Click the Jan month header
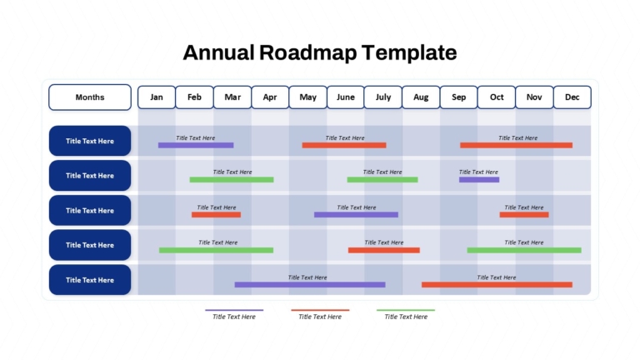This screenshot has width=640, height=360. click(x=157, y=97)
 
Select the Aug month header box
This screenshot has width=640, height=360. click(x=421, y=97)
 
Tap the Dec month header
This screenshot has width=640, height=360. click(x=572, y=97)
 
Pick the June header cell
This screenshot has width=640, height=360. click(x=345, y=97)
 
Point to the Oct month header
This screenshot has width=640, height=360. click(x=497, y=97)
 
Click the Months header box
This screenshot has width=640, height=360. click(x=90, y=97)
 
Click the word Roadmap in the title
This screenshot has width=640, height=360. click(x=307, y=52)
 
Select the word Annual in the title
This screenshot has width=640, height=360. click(x=218, y=52)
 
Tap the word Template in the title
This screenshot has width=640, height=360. click(x=409, y=52)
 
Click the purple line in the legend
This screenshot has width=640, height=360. click(x=234, y=310)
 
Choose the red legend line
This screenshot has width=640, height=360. click(x=320, y=310)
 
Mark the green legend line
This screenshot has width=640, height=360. click(x=406, y=310)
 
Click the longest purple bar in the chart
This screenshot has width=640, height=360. click(x=310, y=284)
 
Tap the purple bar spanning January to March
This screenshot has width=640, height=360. click(x=196, y=145)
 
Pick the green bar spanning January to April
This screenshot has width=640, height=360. click(x=217, y=250)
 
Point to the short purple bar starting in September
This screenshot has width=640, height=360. click(x=479, y=180)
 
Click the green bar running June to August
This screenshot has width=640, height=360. click(x=382, y=180)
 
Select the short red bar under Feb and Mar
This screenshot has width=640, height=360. click(x=217, y=215)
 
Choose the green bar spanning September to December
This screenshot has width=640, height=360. click(x=524, y=250)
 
